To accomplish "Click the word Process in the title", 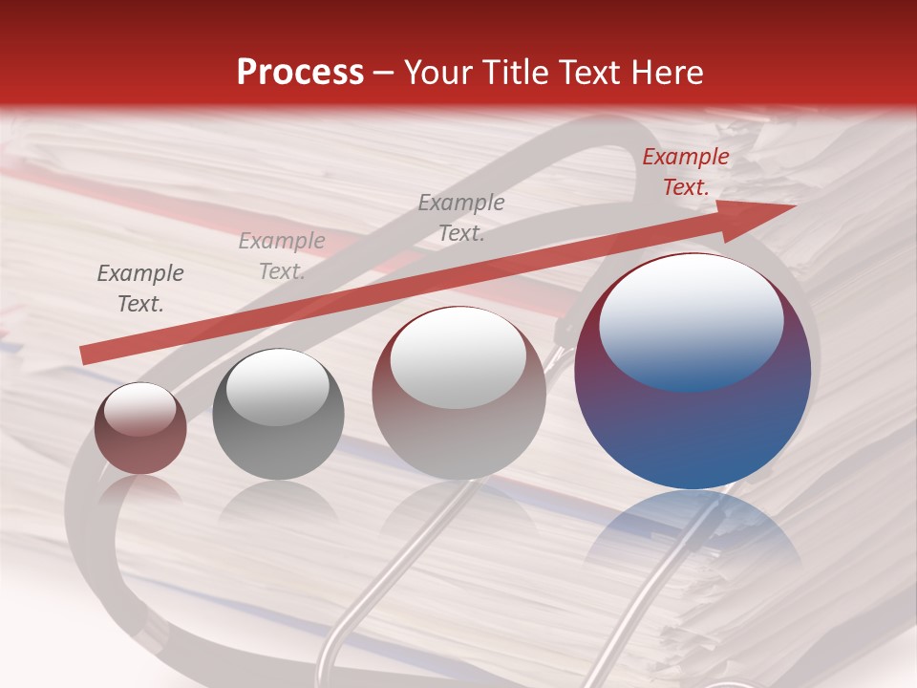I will point(300,72).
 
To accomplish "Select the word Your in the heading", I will point(438,72).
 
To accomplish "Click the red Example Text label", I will point(686,172).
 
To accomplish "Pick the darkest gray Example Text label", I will point(140,289).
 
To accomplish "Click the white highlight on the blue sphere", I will point(692,321).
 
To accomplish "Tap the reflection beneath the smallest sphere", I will point(140,489).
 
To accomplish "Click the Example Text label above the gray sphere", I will point(282,256).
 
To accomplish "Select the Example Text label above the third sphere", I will point(461,218).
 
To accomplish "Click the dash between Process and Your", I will point(384,73).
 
